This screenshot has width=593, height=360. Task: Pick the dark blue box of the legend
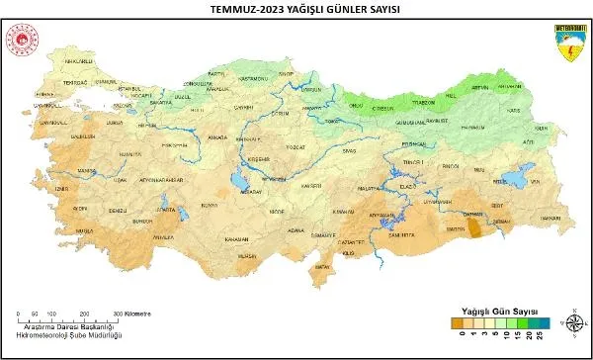pyautogui.click(x=543, y=322)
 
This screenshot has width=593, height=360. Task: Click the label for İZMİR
pyautogui.click(x=61, y=186)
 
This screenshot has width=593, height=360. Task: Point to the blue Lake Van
pyautogui.click(x=513, y=181)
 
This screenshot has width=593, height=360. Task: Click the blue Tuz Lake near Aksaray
pyautogui.click(x=239, y=182)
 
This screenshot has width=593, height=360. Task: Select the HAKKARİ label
pyautogui.click(x=551, y=217)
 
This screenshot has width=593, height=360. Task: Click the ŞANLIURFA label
pyautogui.click(x=402, y=232)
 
